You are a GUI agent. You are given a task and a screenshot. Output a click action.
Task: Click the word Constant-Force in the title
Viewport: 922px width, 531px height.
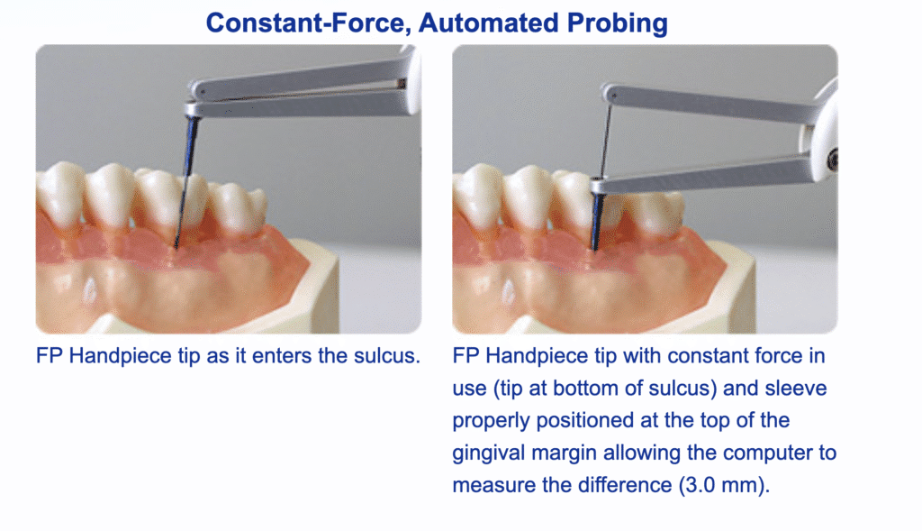(308, 23)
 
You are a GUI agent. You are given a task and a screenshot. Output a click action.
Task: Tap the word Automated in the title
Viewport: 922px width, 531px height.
(489, 23)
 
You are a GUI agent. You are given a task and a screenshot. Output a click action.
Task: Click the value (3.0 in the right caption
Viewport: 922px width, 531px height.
(698, 485)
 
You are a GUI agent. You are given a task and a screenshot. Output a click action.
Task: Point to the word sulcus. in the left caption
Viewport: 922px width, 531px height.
(387, 355)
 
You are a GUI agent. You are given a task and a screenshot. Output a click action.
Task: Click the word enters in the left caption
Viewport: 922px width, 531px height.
(282, 356)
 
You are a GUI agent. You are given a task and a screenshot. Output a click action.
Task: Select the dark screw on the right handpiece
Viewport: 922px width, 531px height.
(833, 159)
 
